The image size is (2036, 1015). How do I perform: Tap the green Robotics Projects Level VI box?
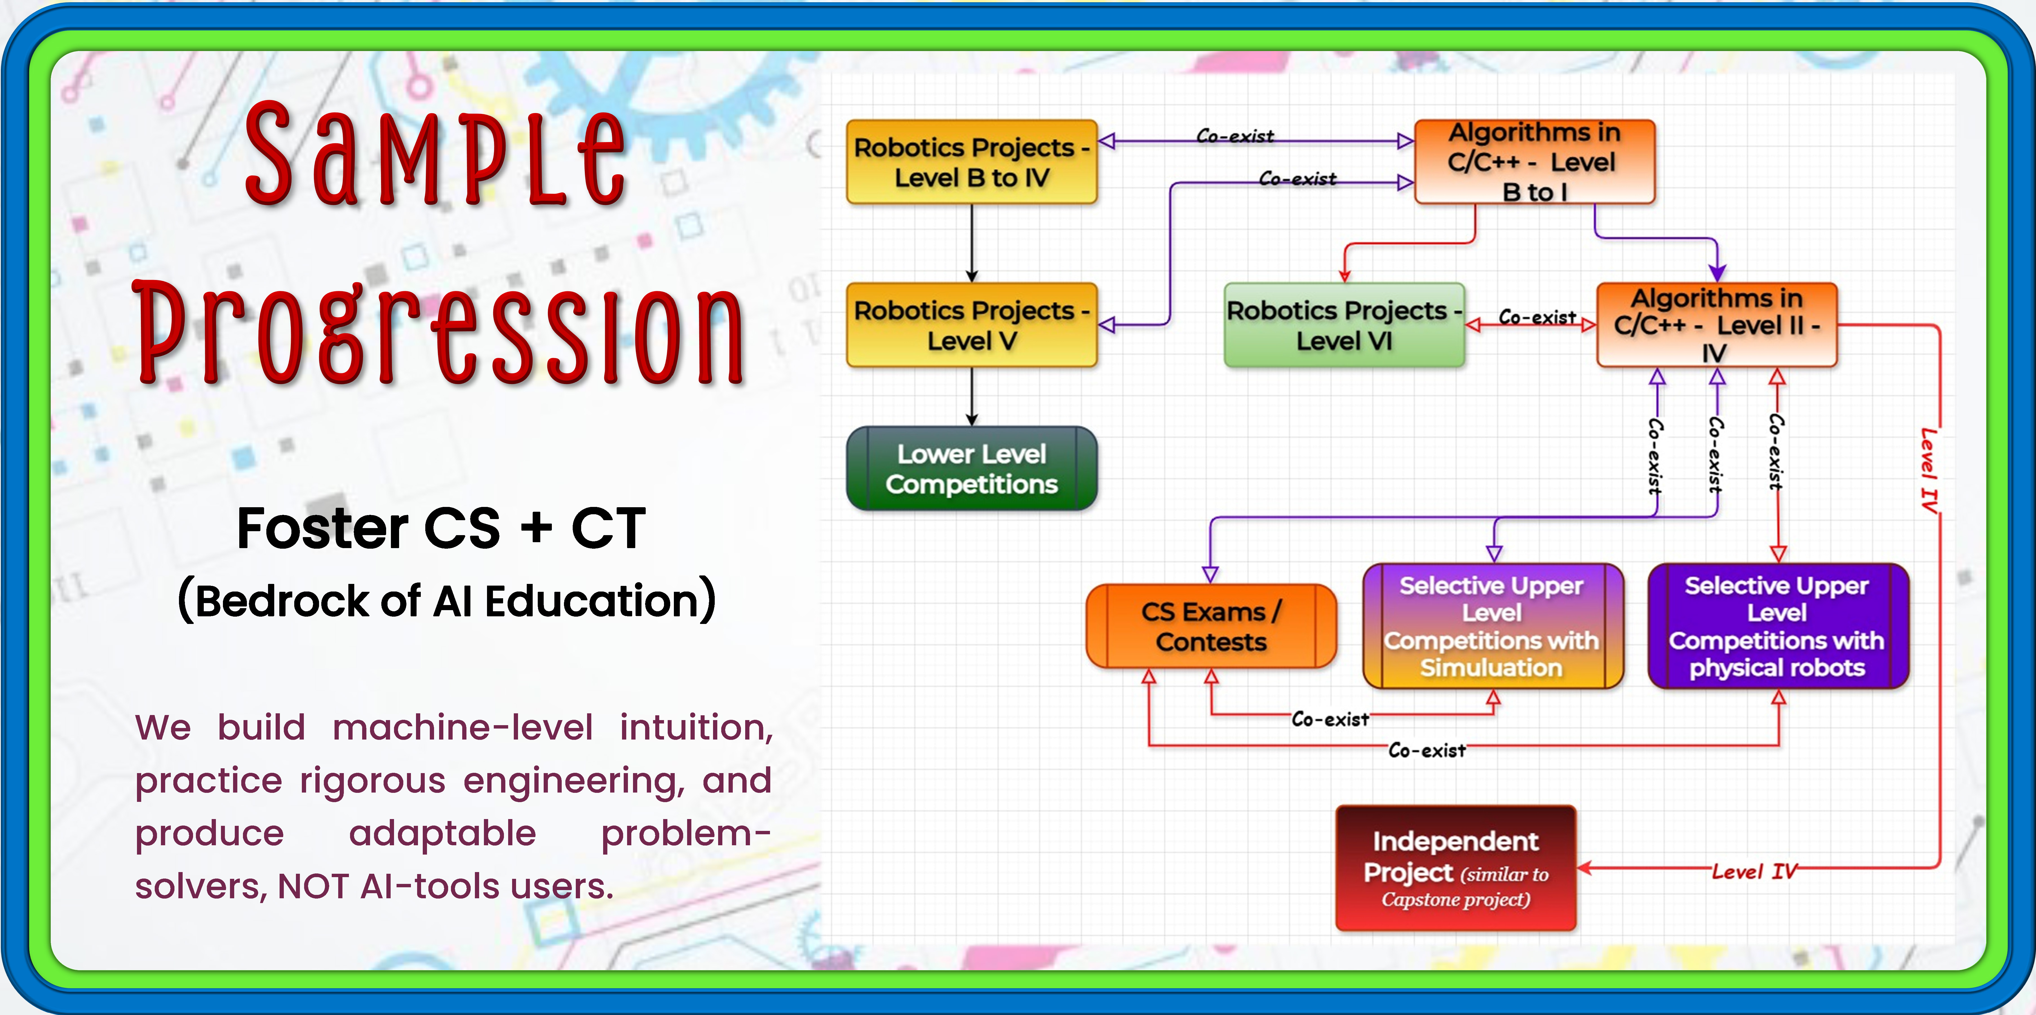[1344, 325]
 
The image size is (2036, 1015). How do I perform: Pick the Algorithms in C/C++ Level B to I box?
[1534, 162]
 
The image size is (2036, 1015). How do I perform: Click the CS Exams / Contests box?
[1211, 626]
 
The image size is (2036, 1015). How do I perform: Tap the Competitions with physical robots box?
[1778, 626]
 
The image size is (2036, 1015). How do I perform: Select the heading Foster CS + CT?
[441, 528]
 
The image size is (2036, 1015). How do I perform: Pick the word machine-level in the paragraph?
[462, 727]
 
